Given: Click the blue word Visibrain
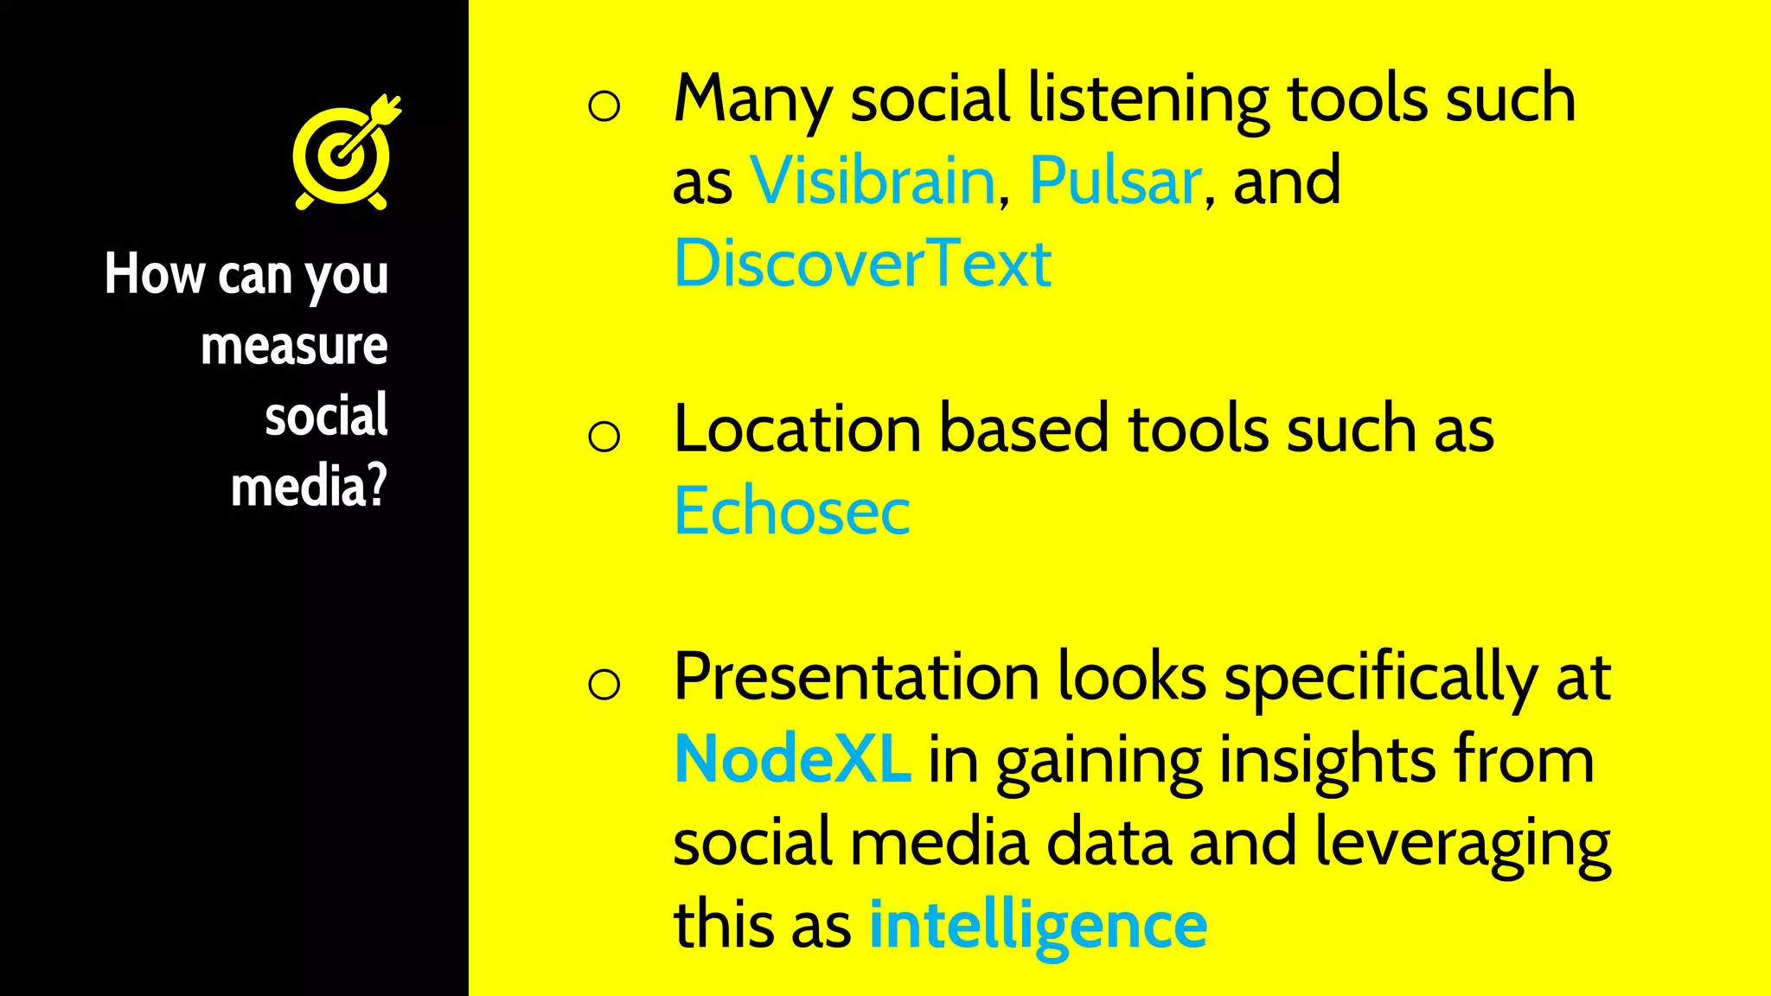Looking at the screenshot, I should click(x=873, y=182).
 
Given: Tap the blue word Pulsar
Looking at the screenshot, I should click(x=1115, y=182).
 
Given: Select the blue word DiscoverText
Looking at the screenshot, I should click(x=862, y=264).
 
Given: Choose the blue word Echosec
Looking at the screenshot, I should click(x=791, y=511).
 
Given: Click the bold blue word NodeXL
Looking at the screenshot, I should click(x=791, y=759).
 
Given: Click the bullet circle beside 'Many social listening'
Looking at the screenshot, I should click(x=604, y=105).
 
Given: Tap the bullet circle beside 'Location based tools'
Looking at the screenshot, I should click(x=604, y=436).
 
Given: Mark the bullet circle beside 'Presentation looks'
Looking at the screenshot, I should click(x=604, y=684).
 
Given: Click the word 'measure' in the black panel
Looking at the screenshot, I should click(x=294, y=346).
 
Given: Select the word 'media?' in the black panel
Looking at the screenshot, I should click(x=309, y=487).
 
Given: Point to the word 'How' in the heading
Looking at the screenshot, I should click(x=155, y=274).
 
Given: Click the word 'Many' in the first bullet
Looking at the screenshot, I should click(x=751, y=99).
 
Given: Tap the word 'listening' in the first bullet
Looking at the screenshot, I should click(x=1148, y=99).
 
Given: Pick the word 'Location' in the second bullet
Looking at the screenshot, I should click(x=796, y=429).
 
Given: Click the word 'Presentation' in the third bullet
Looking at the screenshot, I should click(x=856, y=677).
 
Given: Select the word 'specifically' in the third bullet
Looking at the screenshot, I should click(x=1380, y=677).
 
